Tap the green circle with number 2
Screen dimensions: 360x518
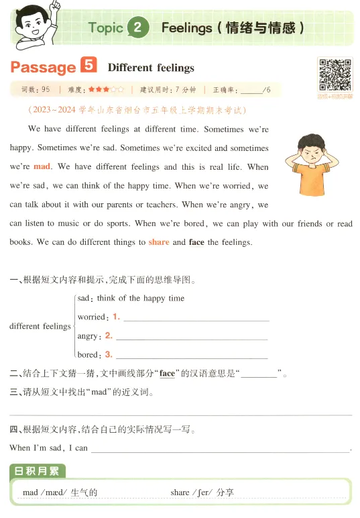tap(137, 28)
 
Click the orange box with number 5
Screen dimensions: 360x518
tap(88, 66)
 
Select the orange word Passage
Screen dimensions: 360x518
tap(43, 67)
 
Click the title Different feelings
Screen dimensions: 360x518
tap(151, 68)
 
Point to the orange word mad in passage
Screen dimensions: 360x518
tap(42, 166)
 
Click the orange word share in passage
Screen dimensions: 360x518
tap(159, 242)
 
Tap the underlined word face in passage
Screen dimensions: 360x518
tap(196, 242)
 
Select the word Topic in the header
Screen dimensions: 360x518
tap(105, 28)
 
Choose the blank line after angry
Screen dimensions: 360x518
tap(192, 337)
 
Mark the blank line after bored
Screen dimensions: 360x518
tap(192, 356)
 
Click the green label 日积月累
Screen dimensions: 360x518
tap(38, 472)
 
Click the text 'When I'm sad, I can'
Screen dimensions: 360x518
tap(48, 448)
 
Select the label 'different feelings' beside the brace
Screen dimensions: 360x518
tap(40, 326)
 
